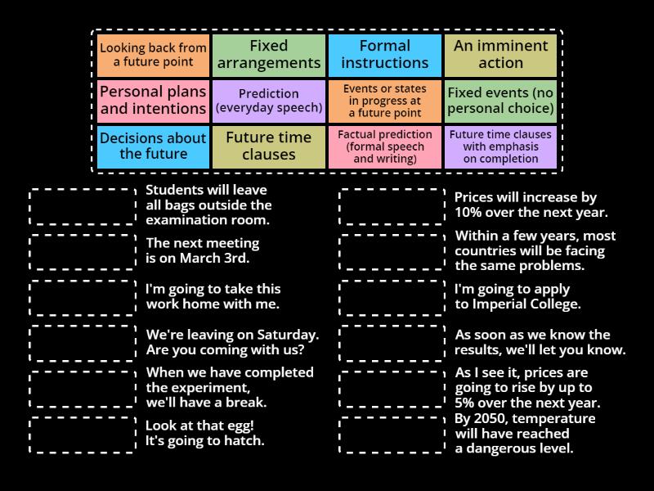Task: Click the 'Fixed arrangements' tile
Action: point(269,55)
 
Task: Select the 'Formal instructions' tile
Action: point(385,55)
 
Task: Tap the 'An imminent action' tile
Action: point(500,55)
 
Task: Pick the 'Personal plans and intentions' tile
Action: point(153,101)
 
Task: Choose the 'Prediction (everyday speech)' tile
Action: point(269,101)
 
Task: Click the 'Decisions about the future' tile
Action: point(153,146)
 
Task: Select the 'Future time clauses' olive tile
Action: point(269,146)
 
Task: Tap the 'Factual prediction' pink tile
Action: point(385,146)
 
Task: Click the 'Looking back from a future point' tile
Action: point(153,55)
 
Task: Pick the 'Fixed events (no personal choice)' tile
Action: point(500,101)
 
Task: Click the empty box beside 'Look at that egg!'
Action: point(83,435)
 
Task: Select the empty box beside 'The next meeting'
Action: point(83,251)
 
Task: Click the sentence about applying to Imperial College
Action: point(517,296)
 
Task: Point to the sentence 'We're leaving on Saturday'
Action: point(232,342)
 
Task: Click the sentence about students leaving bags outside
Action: point(208,205)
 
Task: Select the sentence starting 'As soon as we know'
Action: point(540,342)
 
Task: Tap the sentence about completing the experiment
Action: point(229,387)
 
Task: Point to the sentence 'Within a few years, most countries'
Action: point(535,250)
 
